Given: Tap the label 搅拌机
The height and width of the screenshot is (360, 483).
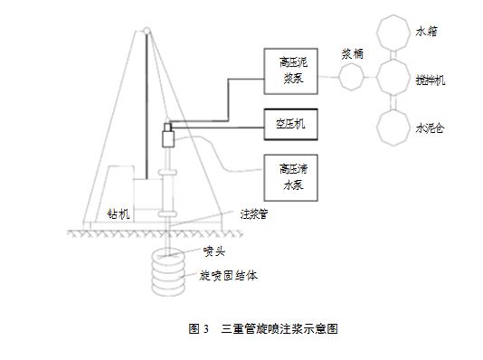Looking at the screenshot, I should [431, 80].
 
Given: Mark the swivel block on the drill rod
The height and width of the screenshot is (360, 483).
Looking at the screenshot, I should [167, 138].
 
